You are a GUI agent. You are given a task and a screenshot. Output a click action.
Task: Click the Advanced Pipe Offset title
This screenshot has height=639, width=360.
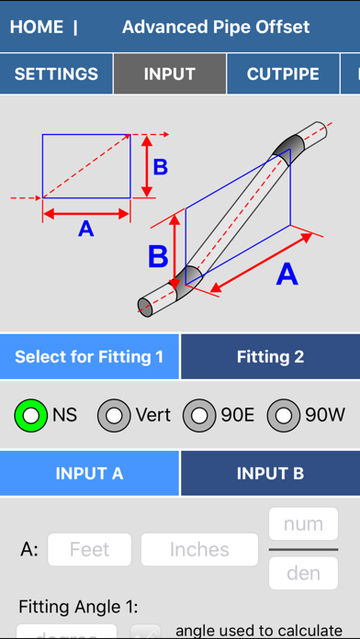tap(216, 27)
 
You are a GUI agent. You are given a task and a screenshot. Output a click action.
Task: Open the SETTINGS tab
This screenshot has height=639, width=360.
tap(56, 73)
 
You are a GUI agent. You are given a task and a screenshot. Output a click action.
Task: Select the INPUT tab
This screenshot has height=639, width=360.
tap(170, 73)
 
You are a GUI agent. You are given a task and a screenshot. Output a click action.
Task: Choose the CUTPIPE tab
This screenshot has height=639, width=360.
tap(283, 73)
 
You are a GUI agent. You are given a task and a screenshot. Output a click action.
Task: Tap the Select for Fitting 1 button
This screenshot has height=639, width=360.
tap(89, 356)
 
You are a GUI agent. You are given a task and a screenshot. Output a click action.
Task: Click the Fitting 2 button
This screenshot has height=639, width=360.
tap(270, 356)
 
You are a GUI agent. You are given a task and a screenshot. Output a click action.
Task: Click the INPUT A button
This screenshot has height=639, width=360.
tap(89, 474)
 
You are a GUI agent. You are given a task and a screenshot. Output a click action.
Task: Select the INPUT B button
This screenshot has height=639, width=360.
tap(270, 474)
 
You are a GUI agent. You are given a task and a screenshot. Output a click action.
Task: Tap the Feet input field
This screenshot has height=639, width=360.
tap(90, 550)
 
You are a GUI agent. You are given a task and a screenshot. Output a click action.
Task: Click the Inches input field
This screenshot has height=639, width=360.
tap(199, 550)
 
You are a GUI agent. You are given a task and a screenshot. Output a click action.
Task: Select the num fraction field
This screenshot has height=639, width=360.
tap(303, 525)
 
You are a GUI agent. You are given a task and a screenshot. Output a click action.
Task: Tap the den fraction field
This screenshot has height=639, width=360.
tap(303, 574)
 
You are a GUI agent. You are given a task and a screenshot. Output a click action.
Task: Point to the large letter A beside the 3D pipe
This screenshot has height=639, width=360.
tap(287, 274)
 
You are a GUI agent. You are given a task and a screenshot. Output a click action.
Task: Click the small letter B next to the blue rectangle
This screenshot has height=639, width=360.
tap(160, 167)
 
